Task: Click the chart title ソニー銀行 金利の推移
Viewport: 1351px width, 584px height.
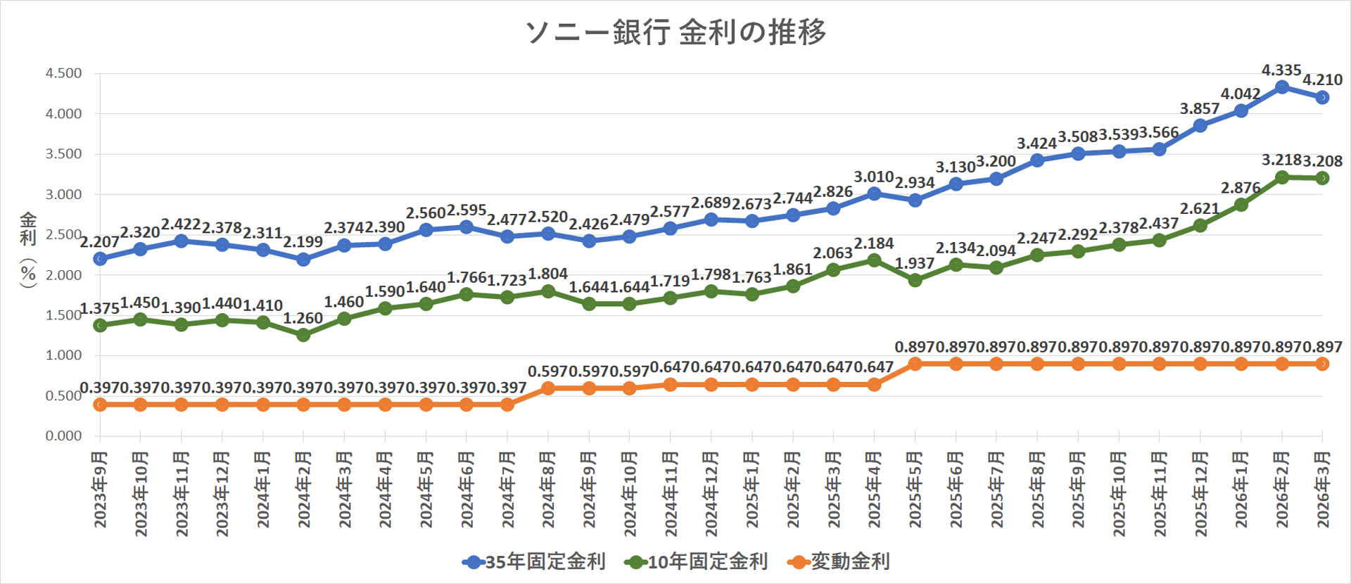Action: click(675, 32)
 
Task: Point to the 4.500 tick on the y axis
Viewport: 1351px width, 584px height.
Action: click(63, 73)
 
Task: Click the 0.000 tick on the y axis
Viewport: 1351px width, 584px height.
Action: click(63, 436)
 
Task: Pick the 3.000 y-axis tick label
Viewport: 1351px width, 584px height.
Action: click(63, 194)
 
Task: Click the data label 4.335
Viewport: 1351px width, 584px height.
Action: click(1281, 70)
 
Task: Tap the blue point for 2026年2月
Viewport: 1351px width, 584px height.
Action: click(1282, 87)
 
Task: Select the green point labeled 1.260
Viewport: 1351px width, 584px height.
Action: click(303, 335)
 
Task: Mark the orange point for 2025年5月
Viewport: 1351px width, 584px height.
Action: click(915, 364)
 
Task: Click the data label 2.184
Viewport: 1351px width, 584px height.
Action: click(874, 243)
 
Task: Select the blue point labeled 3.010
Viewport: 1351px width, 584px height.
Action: click(874, 193)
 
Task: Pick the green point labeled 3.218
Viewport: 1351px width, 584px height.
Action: click(1282, 177)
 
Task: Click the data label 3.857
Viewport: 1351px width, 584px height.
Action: click(1200, 108)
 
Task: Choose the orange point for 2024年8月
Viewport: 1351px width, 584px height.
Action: click(548, 388)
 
